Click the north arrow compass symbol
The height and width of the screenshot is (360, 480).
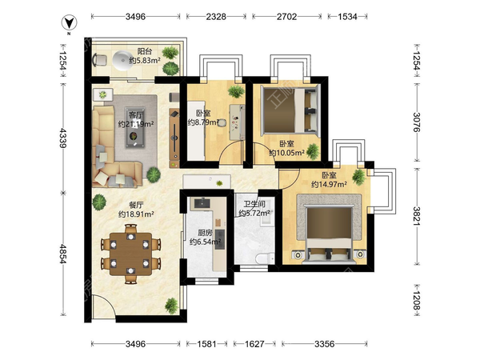point(69,22)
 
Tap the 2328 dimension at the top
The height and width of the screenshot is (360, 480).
point(216,17)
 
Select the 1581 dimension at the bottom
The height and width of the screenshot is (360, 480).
point(206,344)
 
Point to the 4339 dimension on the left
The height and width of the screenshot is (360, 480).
point(63,138)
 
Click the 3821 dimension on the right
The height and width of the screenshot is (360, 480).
point(416,216)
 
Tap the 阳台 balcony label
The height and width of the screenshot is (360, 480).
point(145,51)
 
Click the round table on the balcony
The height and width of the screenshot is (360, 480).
point(122,60)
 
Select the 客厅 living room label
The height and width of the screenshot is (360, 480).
point(136,115)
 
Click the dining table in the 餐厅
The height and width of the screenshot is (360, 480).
point(131,254)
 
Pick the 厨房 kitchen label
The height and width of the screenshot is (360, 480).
point(205,233)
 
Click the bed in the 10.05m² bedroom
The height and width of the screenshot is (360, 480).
point(290,110)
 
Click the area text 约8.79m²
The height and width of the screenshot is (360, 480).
point(203,122)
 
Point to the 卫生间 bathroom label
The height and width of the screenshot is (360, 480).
point(254,204)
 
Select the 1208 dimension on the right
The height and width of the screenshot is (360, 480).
point(416,300)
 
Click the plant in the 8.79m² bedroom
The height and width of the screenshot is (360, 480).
point(236,91)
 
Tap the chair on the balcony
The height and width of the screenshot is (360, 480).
point(100,59)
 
